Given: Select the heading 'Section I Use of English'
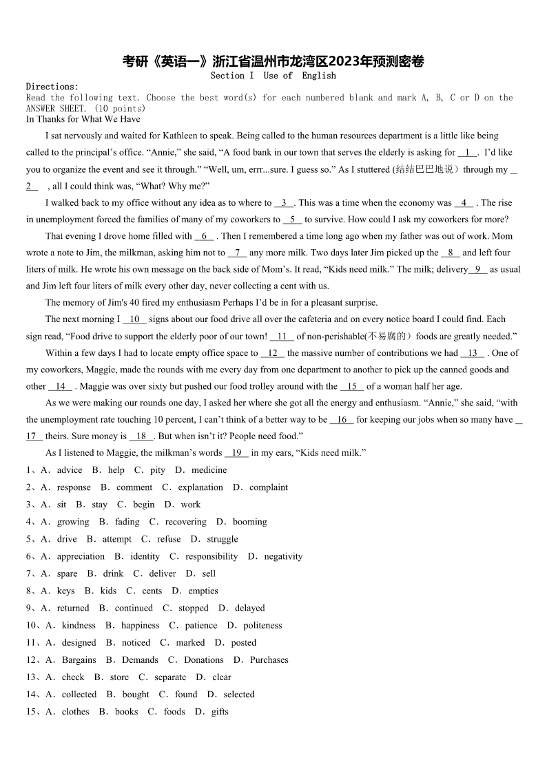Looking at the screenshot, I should point(273,76).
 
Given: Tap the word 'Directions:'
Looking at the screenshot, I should point(52,87).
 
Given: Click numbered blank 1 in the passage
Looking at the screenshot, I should point(467,153).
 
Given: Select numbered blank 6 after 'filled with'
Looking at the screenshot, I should point(204,236).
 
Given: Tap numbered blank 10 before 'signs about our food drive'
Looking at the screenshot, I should point(134,319).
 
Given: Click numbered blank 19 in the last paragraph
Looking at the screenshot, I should point(236,453).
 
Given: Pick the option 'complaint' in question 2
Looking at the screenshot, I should point(269,487).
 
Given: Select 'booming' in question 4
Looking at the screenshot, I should point(249,522).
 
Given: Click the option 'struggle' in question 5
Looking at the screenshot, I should point(223,539).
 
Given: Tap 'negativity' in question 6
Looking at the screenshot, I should point(283,556).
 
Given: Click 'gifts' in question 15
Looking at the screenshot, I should point(220,712).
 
